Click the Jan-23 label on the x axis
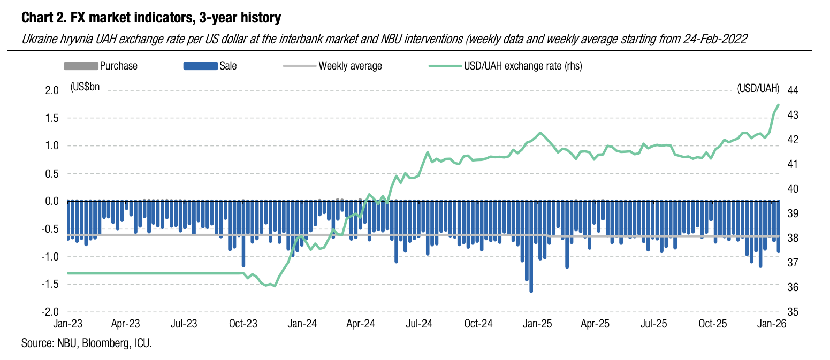pyautogui.click(x=67, y=324)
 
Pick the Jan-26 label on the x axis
pyautogui.click(x=770, y=324)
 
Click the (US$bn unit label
pyautogui.click(x=85, y=88)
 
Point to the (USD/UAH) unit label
pyautogui.click(x=758, y=88)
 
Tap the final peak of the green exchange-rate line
pyautogui.click(x=778, y=105)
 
